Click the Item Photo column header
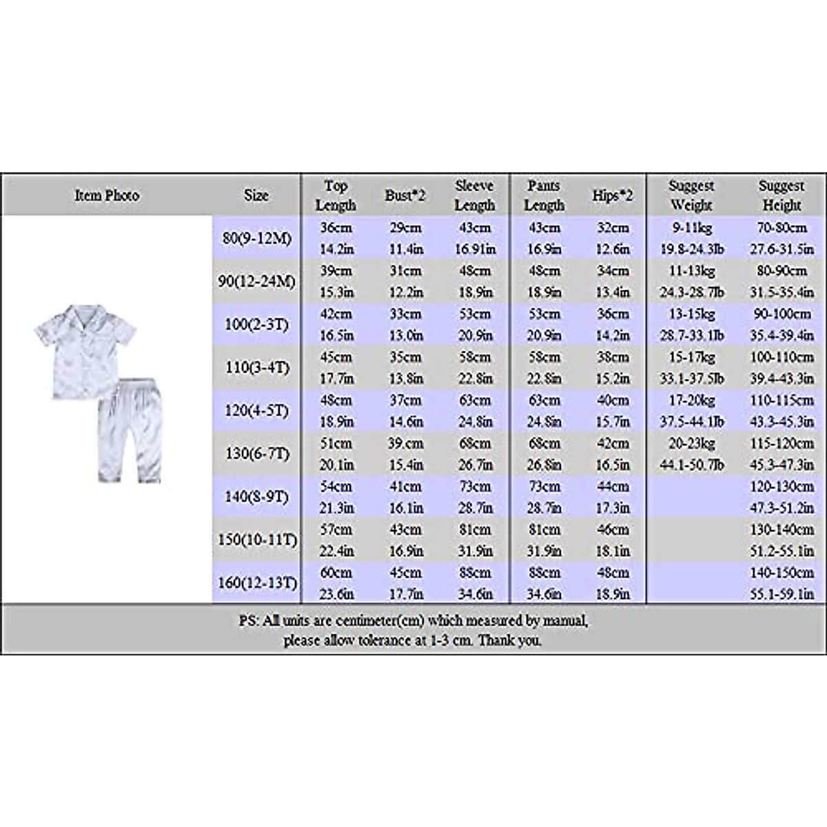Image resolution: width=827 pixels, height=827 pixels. pos(107,196)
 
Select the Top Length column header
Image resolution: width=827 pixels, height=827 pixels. pos(336,196)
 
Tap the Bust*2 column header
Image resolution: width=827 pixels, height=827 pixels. pos(405,196)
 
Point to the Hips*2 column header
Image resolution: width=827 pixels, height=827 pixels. pos(612,196)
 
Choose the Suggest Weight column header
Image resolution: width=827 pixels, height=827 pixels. pos(691,196)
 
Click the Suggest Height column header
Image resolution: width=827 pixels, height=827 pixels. pos(782,196)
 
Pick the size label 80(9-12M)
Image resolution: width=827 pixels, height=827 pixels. pos(257,238)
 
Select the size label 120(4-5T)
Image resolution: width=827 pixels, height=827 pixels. pos(257,411)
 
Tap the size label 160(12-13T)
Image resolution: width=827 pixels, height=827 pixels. pos(257,583)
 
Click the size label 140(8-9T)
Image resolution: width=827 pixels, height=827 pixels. pos(257,497)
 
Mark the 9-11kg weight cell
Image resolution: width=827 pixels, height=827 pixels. pos(692,228)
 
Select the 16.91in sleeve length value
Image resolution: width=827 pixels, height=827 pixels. pos(475,249)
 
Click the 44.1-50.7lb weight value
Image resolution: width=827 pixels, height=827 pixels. pos(692,464)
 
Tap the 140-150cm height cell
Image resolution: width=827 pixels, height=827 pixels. pos(782,573)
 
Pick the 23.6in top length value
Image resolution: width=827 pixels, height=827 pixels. pos(336,594)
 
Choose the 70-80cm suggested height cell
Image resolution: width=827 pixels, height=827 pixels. pos(782,228)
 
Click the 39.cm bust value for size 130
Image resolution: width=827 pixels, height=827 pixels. pos(405,444)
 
